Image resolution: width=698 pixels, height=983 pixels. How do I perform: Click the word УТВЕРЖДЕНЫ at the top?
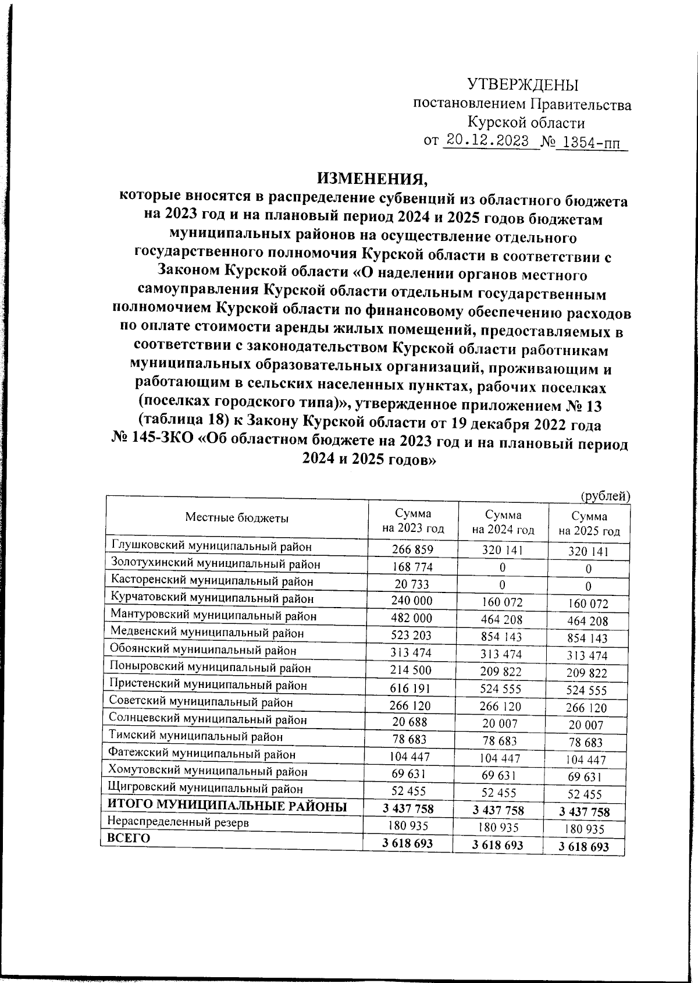pyautogui.click(x=523, y=85)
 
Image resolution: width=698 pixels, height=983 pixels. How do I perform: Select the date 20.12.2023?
pyautogui.click(x=487, y=141)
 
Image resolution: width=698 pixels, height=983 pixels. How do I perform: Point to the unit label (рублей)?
pyautogui.click(x=606, y=496)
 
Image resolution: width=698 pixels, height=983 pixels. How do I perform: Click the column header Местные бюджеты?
pyautogui.click(x=237, y=517)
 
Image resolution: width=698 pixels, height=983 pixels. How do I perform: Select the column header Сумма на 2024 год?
pyautogui.click(x=503, y=522)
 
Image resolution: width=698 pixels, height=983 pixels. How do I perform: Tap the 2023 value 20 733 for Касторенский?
pyautogui.click(x=412, y=583)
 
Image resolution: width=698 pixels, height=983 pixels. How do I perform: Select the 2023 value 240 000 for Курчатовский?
pyautogui.click(x=412, y=600)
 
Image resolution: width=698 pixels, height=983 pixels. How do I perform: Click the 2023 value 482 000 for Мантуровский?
pyautogui.click(x=412, y=618)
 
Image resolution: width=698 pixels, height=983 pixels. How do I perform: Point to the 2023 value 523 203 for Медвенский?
pyautogui.click(x=412, y=635)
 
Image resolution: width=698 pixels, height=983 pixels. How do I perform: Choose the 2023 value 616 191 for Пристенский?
pyautogui.click(x=412, y=687)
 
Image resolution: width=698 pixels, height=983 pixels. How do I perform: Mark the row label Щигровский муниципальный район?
pyautogui.click(x=206, y=789)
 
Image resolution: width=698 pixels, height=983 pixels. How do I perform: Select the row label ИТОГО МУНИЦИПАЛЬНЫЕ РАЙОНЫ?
pyautogui.click(x=227, y=806)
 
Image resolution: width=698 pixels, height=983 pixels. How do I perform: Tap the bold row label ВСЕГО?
pyautogui.click(x=129, y=838)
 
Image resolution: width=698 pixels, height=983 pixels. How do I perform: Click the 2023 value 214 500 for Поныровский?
pyautogui.click(x=412, y=670)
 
